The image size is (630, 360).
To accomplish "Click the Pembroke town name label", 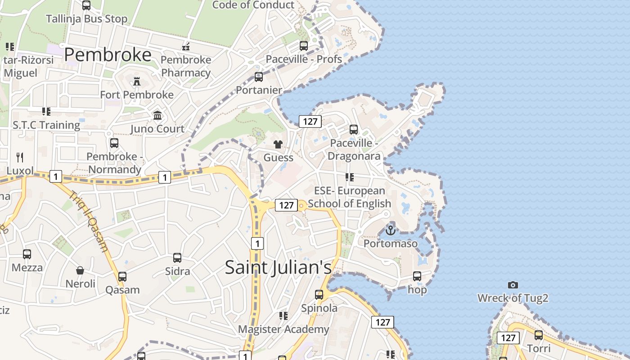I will (x=108, y=54).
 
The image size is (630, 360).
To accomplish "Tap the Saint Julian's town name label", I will (x=278, y=267).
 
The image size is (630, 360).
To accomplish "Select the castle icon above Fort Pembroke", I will (x=137, y=81).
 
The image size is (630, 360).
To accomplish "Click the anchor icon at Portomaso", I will (x=390, y=230).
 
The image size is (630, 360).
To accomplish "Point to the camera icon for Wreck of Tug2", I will (x=513, y=285).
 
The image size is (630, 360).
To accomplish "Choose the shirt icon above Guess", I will (x=278, y=144).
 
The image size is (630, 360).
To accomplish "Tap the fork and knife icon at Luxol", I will (x=20, y=157).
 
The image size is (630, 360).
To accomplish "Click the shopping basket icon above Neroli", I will (x=80, y=270).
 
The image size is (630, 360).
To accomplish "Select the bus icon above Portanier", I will (x=259, y=77).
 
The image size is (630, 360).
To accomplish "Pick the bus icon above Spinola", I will (x=319, y=295).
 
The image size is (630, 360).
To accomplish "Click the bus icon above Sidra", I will (x=177, y=258).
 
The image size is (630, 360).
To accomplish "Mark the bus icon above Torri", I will (x=538, y=335).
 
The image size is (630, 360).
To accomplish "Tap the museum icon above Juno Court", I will (x=157, y=116).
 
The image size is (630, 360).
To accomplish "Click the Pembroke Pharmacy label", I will (x=186, y=66).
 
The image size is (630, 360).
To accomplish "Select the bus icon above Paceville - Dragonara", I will (x=354, y=130).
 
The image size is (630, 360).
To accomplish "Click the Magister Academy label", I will (x=283, y=329).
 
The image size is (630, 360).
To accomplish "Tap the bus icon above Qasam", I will (x=122, y=277).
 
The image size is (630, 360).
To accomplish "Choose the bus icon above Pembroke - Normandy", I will (x=114, y=143).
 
